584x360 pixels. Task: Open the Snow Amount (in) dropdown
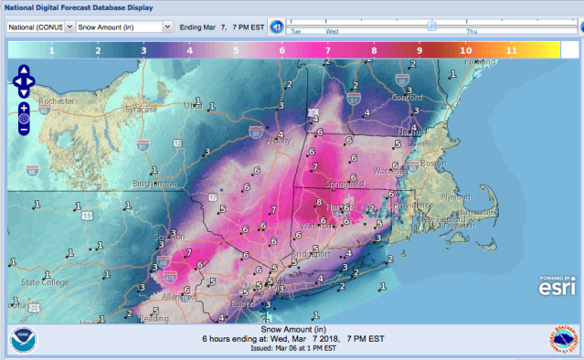point(124,26)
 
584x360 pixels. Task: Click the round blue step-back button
point(276,26)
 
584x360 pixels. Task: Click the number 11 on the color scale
point(512,50)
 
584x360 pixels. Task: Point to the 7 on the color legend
point(327,50)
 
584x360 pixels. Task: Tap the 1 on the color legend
point(51,50)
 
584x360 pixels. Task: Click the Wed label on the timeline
point(333,31)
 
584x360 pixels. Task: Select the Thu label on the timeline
point(483,31)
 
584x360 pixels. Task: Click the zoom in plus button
point(24,108)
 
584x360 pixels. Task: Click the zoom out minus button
point(24,129)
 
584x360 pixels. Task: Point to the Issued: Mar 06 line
point(292,351)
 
